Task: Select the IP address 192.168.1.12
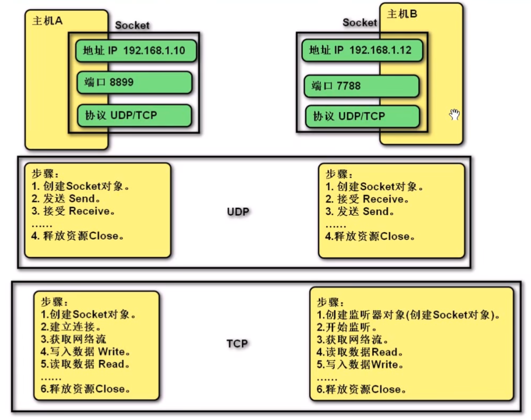point(380,50)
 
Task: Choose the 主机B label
point(402,14)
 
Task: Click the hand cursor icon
point(454,115)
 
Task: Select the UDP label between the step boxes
point(238,211)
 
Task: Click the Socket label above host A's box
point(132,25)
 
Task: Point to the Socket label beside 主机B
point(360,22)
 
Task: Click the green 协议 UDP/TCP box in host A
point(134,115)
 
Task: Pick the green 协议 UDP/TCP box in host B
point(362,117)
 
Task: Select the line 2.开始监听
point(347,328)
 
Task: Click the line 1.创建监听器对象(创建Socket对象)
point(409,315)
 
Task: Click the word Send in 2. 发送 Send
point(82,198)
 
